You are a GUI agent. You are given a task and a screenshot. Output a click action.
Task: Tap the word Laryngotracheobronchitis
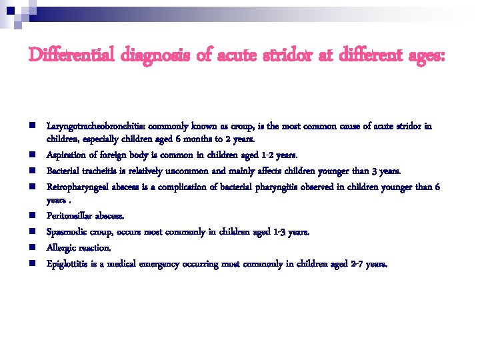(x=90, y=125)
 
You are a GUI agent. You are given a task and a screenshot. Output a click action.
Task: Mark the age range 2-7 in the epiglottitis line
(x=357, y=263)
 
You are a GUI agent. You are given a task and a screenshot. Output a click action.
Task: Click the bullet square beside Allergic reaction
(x=32, y=247)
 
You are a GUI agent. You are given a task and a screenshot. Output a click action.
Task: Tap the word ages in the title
(x=425, y=56)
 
